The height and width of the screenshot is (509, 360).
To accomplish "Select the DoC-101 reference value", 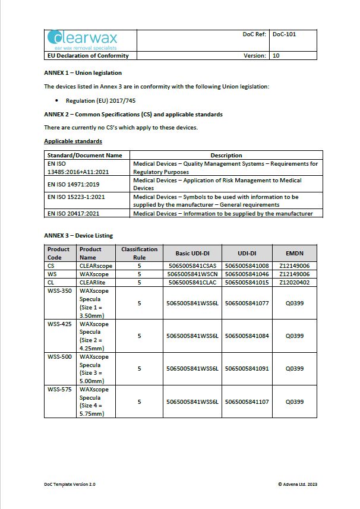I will [x=284, y=34].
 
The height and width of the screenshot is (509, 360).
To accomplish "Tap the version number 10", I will [x=276, y=56].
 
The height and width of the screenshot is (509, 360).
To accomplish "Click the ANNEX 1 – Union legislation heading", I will [x=83, y=73].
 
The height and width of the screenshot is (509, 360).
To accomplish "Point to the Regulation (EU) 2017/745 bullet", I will [x=100, y=101].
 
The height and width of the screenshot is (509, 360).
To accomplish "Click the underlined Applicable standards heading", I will [x=73, y=141].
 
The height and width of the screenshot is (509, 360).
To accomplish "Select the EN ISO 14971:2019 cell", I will [x=74, y=185].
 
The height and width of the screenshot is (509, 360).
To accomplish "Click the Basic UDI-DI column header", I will [x=192, y=253].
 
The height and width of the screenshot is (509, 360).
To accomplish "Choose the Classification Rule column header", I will [x=139, y=253].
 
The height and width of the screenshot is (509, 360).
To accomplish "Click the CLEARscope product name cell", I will [x=96, y=266].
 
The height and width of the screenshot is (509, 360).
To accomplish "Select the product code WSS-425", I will [x=59, y=324].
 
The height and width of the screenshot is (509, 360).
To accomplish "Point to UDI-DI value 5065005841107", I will [x=247, y=401].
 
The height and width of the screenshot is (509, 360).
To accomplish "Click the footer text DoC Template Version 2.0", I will [x=70, y=484].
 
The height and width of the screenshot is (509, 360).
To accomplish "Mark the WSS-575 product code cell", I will [x=59, y=390].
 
